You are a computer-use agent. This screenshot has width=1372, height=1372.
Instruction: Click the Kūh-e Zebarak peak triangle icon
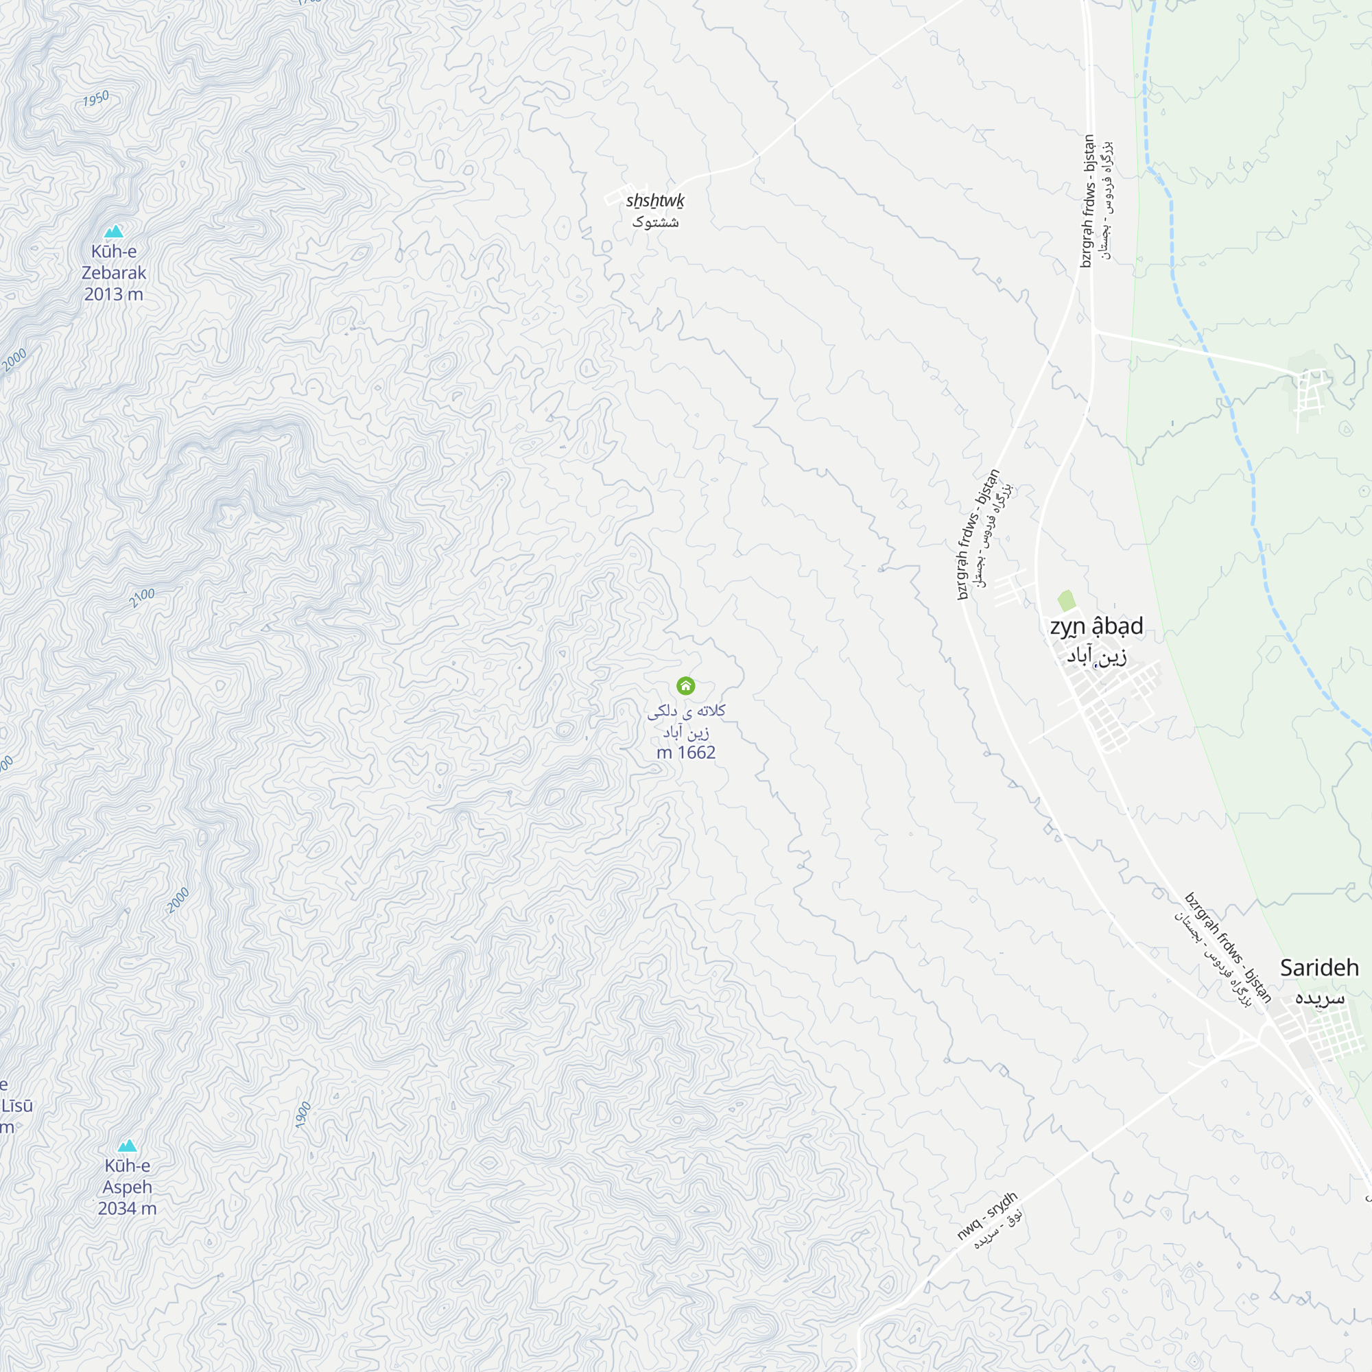114,231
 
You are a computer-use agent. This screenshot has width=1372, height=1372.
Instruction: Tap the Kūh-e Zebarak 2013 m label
114,273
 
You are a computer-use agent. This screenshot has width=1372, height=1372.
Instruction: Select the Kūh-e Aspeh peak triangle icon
127,1146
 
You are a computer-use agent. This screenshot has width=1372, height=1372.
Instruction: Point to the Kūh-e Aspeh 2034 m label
127,1187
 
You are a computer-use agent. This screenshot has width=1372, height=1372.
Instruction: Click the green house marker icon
685,685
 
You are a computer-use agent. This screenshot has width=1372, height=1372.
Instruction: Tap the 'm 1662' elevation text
686,752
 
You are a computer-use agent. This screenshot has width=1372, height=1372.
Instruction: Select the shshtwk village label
654,201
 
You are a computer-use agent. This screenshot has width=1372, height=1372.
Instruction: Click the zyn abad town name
1096,626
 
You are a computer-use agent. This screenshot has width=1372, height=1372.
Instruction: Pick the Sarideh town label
1319,968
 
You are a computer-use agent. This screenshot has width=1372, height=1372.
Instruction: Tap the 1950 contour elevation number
96,99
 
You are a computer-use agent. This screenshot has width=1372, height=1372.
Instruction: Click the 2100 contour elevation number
142,598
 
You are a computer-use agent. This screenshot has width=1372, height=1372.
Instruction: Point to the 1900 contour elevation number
303,1115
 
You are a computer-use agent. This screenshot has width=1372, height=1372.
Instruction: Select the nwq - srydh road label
986,1216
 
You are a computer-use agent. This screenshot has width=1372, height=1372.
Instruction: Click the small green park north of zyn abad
1066,601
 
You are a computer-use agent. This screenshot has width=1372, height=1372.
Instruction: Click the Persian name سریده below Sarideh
1319,997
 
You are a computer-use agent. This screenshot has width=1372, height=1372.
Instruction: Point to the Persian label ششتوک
654,222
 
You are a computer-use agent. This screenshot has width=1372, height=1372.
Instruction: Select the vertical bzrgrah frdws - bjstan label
1087,201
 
